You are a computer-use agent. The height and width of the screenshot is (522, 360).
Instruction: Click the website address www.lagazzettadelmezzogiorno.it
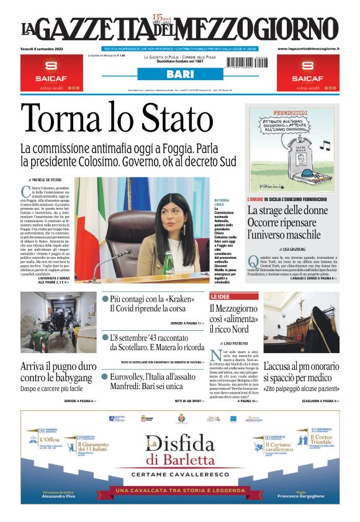(x=308, y=48)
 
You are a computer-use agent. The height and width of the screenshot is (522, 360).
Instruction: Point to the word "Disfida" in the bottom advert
(x=181, y=444)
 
